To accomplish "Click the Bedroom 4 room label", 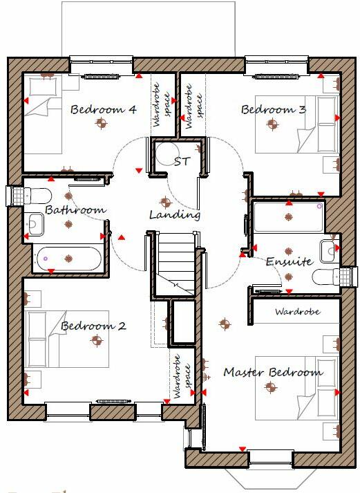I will tap(103, 109).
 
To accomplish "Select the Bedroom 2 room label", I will tap(93, 326).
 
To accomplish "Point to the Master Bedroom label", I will tap(272, 372).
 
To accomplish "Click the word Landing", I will tap(175, 215).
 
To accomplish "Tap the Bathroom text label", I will tap(75, 210).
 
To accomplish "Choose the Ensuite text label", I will tap(290, 262).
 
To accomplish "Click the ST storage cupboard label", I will tap(182, 162).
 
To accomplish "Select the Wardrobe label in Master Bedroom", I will tap(297, 312).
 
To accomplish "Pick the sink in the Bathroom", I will tap(35, 223).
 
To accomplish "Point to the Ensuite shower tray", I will tap(288, 216).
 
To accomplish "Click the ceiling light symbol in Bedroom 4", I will tap(102, 124).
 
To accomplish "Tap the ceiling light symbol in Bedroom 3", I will tap(272, 124).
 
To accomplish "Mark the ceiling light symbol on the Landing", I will tap(164, 203).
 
